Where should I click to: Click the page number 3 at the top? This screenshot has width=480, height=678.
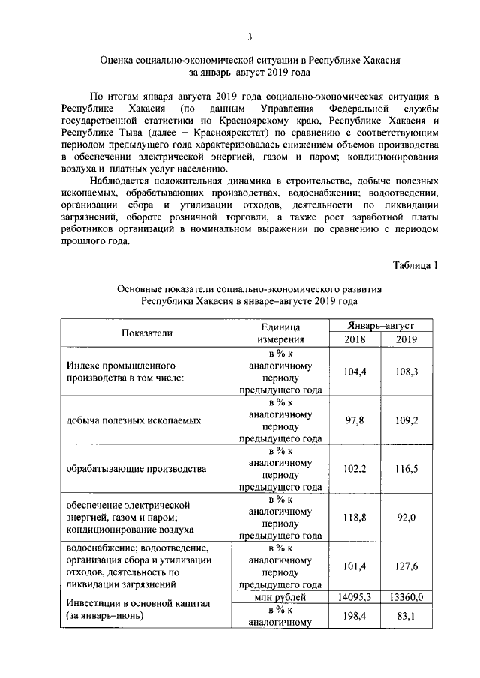251,37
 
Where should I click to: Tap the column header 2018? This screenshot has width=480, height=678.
355,340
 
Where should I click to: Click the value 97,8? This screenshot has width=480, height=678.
355,420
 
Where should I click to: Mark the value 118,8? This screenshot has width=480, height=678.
355,516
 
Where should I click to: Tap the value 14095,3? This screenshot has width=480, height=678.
355,597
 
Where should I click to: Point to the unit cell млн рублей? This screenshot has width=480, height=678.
280,597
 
